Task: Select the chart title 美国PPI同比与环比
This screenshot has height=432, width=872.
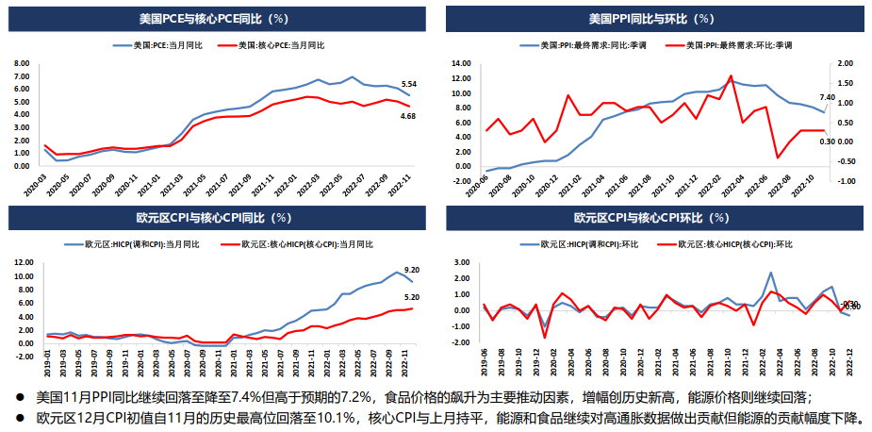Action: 650,18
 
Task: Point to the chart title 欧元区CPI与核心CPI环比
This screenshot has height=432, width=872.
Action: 650,217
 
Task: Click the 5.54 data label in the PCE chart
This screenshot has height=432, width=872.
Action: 408,84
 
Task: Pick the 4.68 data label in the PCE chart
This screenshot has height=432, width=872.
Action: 408,116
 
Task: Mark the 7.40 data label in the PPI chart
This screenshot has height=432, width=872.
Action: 827,97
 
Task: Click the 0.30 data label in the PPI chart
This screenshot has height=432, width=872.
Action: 827,141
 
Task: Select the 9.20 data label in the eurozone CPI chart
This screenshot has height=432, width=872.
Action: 411,270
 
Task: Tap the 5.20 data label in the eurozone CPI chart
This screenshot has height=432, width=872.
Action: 411,297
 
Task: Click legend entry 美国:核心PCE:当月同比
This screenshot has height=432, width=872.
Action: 281,44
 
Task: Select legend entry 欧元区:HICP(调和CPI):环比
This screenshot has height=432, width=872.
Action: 578,244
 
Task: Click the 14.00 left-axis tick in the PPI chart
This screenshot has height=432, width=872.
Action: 462,63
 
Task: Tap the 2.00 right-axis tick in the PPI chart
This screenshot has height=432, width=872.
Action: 845,63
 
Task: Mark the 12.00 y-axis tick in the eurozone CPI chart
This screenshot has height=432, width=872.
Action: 23,263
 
